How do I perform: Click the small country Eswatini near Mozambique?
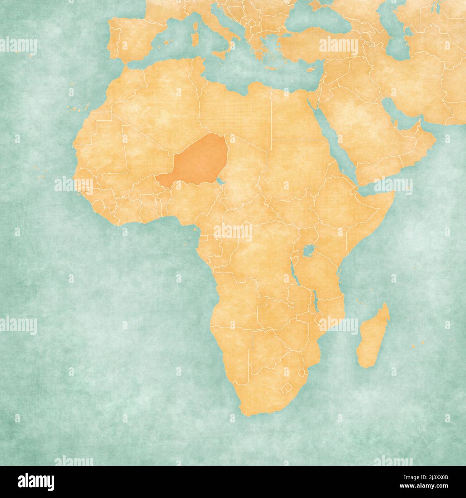304,372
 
